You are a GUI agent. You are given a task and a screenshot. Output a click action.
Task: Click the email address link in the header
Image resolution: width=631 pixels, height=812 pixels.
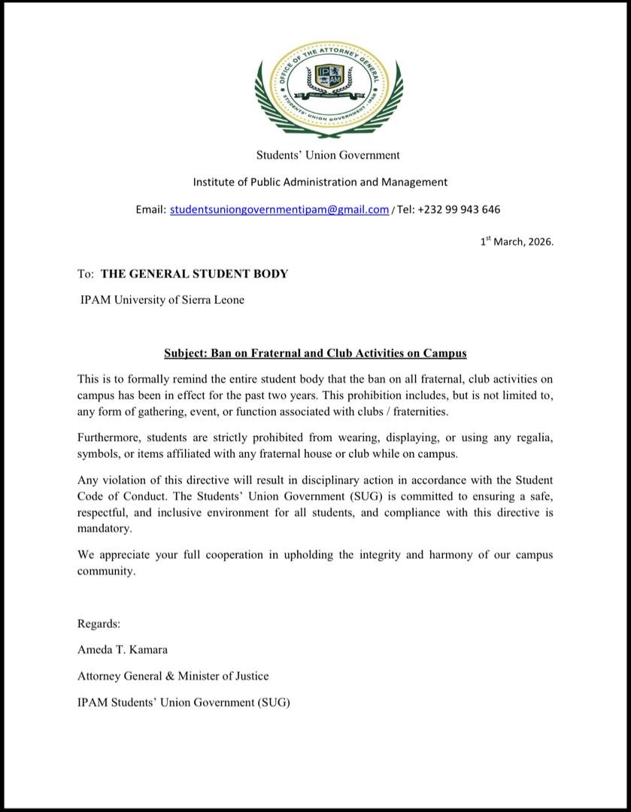click(279, 210)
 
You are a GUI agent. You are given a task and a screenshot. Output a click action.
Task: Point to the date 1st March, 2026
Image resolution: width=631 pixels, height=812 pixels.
click(517, 242)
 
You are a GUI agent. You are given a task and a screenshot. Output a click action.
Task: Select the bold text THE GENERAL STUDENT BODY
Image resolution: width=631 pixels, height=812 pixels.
click(194, 274)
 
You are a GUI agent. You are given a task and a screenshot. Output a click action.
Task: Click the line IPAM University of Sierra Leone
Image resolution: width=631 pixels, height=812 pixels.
click(162, 300)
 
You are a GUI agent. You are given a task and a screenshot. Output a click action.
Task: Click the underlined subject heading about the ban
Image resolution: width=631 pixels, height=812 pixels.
click(315, 353)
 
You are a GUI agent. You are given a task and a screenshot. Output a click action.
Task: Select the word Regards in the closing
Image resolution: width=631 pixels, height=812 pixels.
click(99, 623)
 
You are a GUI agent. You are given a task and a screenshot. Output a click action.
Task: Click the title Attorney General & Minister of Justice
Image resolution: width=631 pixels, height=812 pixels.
click(172, 676)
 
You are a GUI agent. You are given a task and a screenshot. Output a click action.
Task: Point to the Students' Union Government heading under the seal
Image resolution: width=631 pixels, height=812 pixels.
click(328, 156)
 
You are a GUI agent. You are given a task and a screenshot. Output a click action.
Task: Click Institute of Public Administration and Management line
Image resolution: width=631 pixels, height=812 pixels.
click(320, 182)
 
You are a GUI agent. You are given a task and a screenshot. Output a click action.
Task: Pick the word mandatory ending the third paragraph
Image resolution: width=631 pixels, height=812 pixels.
click(104, 529)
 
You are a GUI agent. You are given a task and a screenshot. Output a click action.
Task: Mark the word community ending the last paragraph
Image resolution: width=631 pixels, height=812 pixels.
click(105, 571)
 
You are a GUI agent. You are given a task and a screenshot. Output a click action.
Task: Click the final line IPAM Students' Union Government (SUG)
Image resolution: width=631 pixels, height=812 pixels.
click(183, 702)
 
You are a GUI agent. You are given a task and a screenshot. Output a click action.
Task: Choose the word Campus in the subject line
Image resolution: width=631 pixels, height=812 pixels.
click(444, 353)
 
